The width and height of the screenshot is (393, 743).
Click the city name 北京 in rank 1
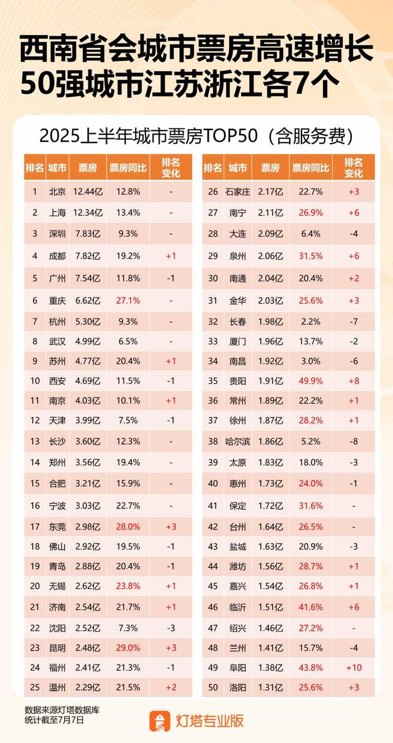[57, 192]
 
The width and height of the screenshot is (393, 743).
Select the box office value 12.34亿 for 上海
[88, 212]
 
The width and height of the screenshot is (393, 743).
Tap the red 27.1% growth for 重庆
[128, 300]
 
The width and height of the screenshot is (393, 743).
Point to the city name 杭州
[57, 321]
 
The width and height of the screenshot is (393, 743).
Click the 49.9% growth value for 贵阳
[311, 381]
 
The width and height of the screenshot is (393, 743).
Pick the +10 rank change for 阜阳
[354, 667]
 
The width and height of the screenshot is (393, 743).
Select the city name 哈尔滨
[238, 442]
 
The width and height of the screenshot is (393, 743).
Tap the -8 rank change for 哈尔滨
[354, 442]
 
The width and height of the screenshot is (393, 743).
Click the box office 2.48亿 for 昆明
[88, 648]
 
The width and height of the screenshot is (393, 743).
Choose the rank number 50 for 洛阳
[213, 687]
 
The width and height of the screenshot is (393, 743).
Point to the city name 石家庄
[238, 192]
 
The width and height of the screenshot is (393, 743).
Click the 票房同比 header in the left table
[128, 168]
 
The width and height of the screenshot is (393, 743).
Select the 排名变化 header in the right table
[354, 168]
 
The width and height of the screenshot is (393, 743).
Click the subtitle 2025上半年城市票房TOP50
[149, 136]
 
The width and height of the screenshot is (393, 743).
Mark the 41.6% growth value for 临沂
[311, 607]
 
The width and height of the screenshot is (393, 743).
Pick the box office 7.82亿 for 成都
[88, 256]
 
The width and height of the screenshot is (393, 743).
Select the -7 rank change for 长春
[354, 321]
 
